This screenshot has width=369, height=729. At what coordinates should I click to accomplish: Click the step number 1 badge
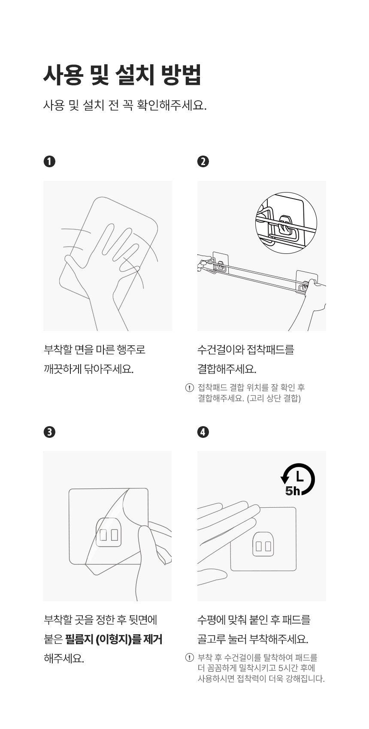[x=49, y=161]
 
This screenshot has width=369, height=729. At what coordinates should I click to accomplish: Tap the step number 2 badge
[x=203, y=161]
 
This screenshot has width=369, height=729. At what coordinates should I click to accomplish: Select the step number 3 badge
[x=49, y=432]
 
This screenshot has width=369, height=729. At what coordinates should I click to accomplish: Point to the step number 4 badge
[x=203, y=432]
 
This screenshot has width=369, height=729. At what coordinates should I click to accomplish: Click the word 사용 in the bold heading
[x=63, y=75]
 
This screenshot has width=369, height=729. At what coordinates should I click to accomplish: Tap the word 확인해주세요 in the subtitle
[x=171, y=105]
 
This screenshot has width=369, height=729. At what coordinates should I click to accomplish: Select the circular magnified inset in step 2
[x=286, y=223]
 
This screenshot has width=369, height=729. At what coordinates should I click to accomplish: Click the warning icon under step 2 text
[x=189, y=388]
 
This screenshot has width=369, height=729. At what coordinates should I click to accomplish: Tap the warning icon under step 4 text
[x=189, y=658]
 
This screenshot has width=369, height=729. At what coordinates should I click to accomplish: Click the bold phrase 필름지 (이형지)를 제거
[x=114, y=639]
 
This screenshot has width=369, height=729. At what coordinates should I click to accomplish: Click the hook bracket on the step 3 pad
[x=109, y=532]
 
